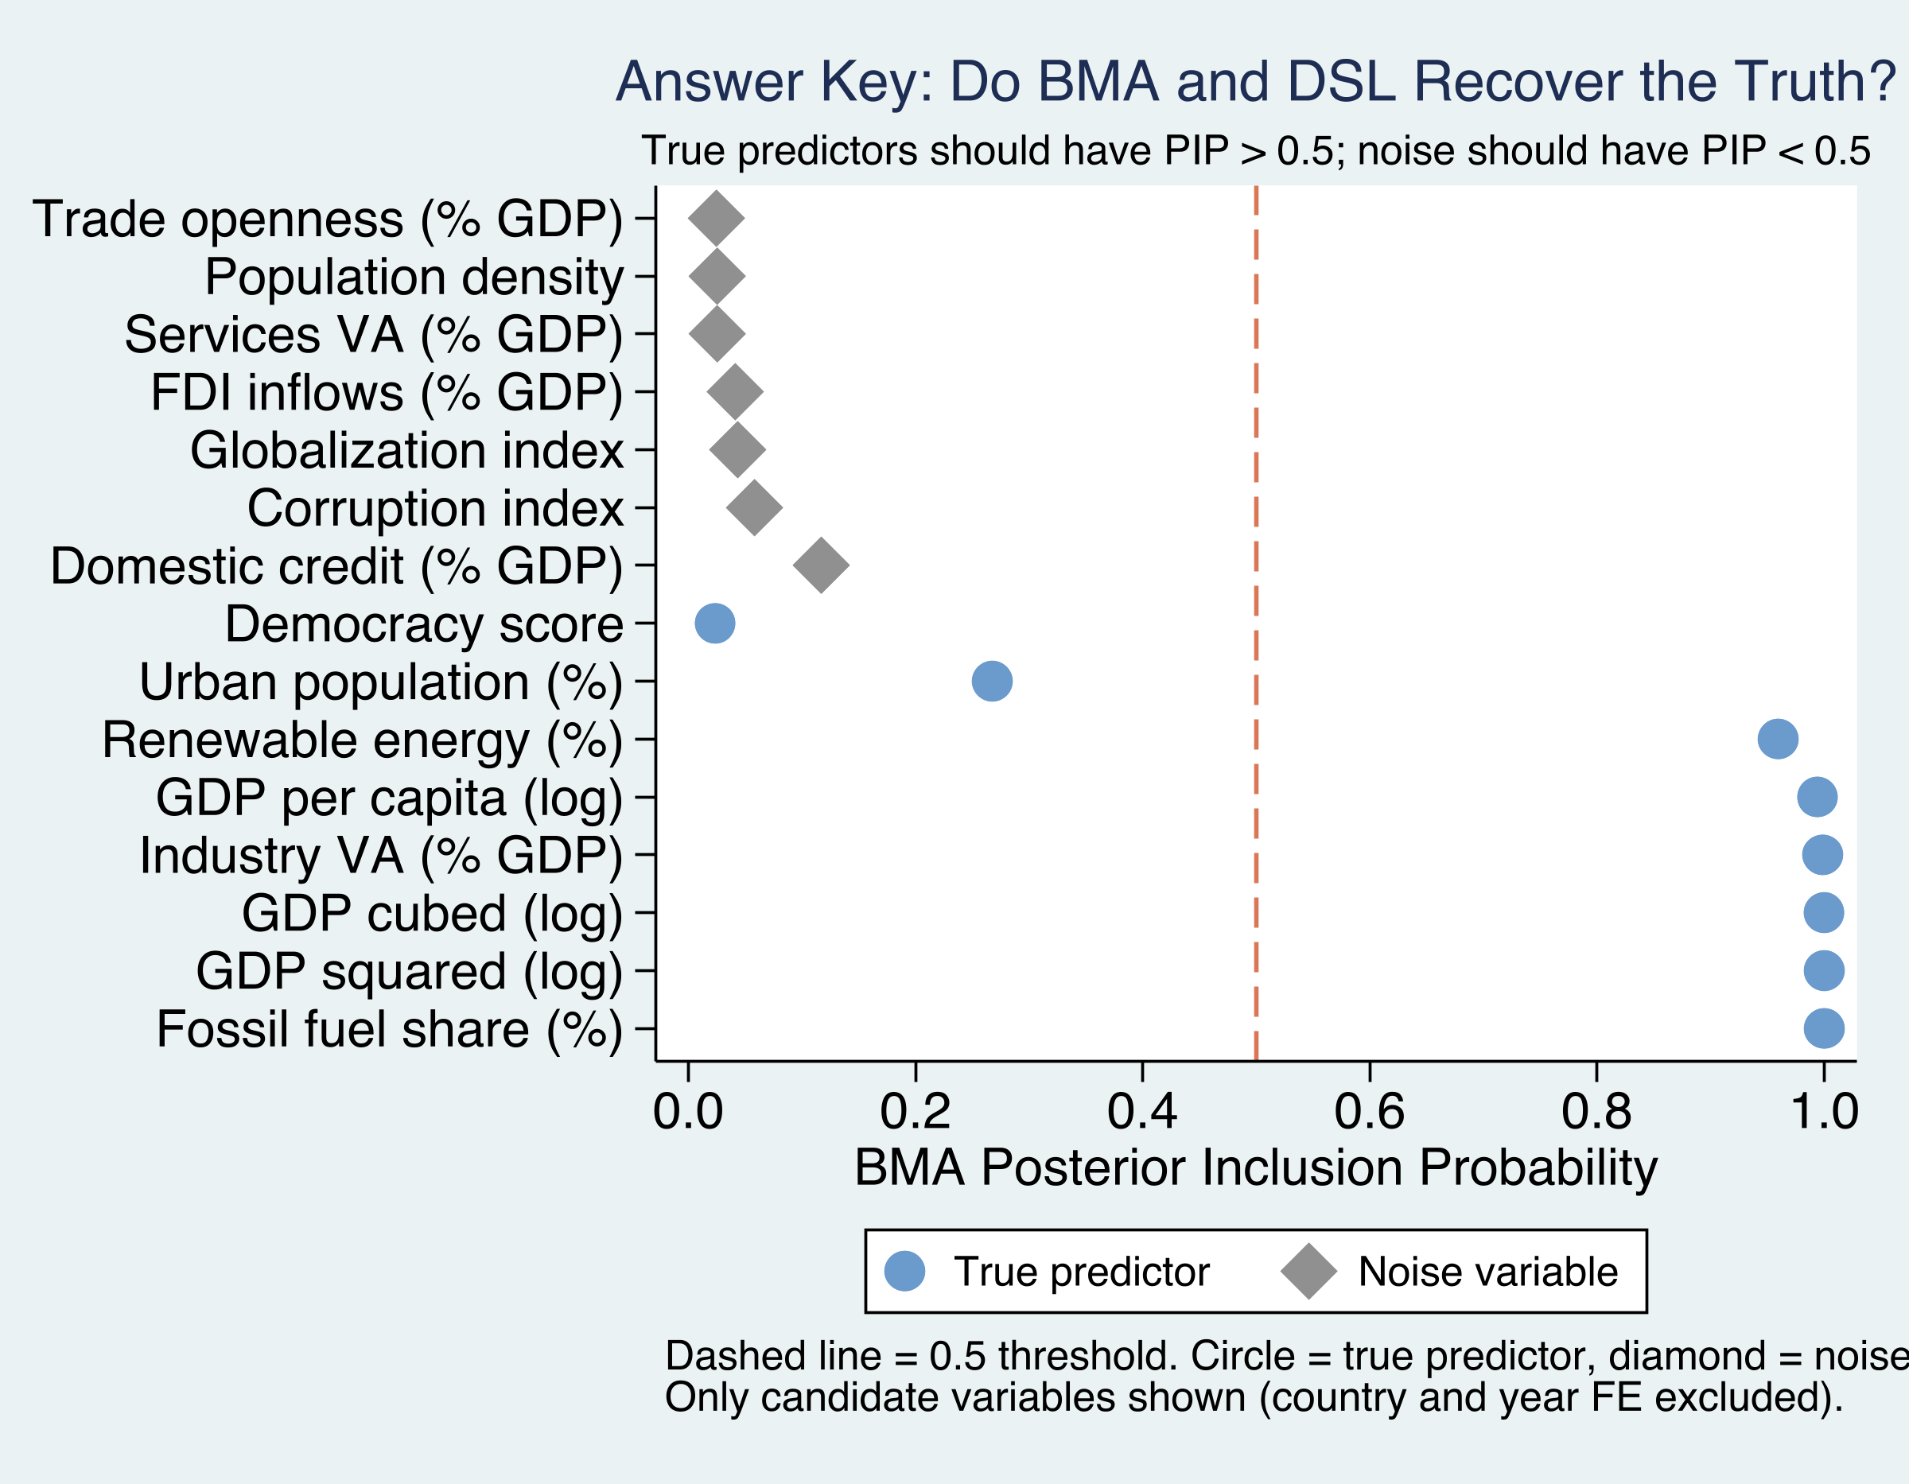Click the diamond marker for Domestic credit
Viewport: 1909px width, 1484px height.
coord(821,565)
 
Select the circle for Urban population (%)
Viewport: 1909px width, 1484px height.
coord(992,681)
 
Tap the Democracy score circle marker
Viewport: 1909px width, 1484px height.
coord(715,624)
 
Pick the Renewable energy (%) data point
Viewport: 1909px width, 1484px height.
coord(1778,739)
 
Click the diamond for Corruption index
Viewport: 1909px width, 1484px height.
coord(754,507)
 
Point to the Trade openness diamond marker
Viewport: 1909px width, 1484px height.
coord(717,219)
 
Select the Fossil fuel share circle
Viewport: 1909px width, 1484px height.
coord(1824,1028)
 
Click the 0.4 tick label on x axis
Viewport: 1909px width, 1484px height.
coord(1141,1112)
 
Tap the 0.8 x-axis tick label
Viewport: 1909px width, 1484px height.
coord(1596,1112)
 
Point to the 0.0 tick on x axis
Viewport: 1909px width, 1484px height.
coord(688,1112)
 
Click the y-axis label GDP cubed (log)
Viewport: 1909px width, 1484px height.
coord(432,914)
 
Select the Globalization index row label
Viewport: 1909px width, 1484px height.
coord(406,451)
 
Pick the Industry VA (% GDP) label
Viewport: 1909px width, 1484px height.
coord(381,856)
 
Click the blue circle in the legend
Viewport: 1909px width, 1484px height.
coord(904,1271)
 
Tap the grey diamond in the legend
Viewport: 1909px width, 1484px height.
coord(1308,1271)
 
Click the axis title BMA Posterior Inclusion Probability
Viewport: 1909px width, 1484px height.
coord(1255,1167)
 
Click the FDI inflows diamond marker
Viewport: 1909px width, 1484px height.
coord(735,392)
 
